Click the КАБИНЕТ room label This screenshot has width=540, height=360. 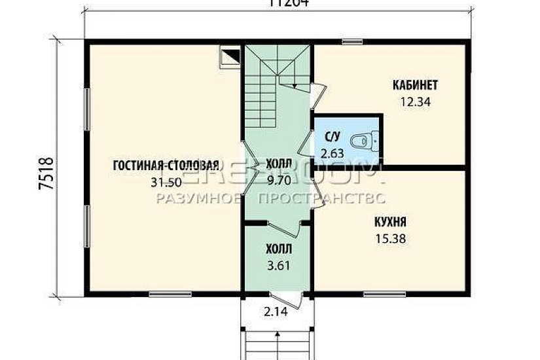pyautogui.click(x=415, y=85)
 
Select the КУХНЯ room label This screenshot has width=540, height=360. pyautogui.click(x=390, y=223)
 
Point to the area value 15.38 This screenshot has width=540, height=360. pyautogui.click(x=390, y=239)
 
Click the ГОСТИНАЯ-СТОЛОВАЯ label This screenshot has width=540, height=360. pyautogui.click(x=164, y=164)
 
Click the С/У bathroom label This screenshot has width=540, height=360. pyautogui.click(x=333, y=137)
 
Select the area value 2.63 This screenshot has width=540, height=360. pyautogui.click(x=333, y=154)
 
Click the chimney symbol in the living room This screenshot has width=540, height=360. pyautogui.click(x=230, y=57)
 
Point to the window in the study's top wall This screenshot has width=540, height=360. pyautogui.click(x=352, y=43)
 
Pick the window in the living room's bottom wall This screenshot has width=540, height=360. pyautogui.click(x=160, y=294)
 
